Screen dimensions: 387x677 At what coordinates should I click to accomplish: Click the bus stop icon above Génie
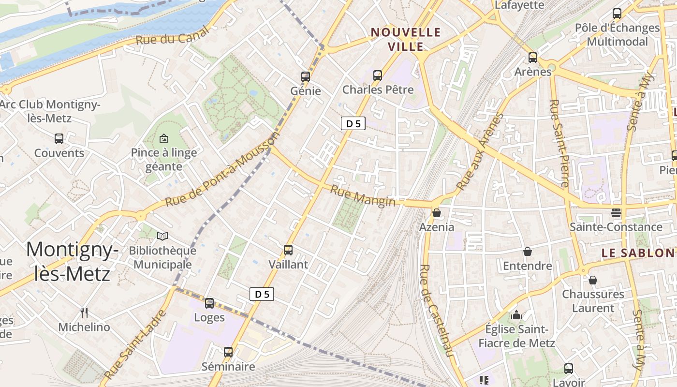[305, 76]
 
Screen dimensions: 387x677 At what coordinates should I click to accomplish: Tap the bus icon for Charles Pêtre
[378, 75]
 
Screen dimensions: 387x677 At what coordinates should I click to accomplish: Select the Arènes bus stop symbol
[533, 58]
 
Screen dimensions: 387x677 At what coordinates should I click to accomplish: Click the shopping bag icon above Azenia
[437, 213]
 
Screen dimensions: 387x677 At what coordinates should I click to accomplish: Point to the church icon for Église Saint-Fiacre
[516, 315]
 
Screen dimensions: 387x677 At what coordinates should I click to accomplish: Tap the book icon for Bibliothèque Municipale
[163, 237]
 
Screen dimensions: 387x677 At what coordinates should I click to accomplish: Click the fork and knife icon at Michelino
[84, 313]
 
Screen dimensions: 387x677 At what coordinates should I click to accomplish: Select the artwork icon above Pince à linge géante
[164, 138]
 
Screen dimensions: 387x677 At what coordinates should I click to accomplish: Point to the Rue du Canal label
[172, 36]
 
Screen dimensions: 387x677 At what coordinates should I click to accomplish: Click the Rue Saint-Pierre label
[559, 143]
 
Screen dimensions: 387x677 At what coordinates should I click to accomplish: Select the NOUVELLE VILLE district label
[406, 39]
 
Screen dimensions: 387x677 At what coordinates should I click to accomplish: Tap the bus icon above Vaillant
[288, 250]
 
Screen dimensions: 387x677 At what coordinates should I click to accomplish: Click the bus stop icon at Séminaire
[228, 352]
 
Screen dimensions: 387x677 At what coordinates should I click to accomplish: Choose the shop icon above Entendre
[528, 252]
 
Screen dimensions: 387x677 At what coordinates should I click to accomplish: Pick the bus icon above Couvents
[59, 139]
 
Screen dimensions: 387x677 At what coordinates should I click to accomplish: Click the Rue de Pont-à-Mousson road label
[222, 170]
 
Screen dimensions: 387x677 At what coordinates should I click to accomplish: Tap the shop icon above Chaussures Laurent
[593, 280]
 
